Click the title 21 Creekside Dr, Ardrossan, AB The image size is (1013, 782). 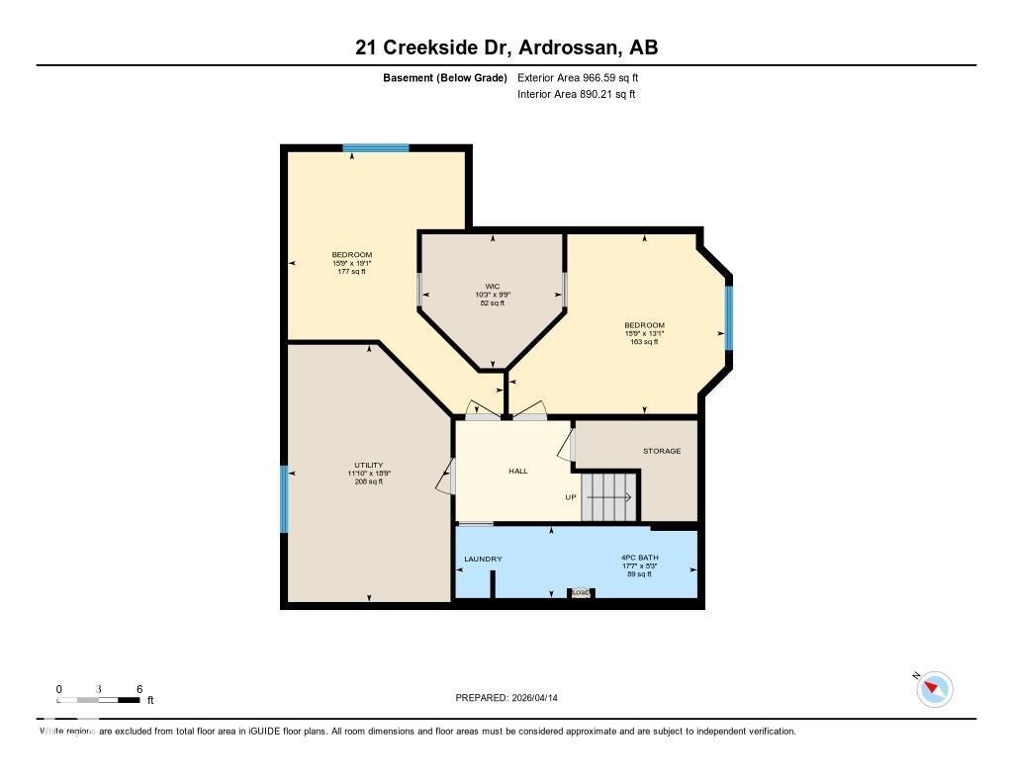506,47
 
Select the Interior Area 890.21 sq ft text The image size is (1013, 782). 576,95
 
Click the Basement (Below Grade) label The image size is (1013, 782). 444,77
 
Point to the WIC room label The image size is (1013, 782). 493,287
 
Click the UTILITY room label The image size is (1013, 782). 368,465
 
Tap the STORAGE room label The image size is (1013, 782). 662,451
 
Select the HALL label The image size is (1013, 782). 517,471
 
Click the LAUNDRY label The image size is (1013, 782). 483,559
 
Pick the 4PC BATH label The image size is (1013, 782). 640,558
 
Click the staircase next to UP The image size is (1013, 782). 607,496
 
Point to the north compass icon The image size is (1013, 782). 934,688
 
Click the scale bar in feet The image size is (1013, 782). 98,699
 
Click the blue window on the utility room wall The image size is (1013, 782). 284,499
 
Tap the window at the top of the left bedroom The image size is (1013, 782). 376,148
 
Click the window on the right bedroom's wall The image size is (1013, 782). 729,317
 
